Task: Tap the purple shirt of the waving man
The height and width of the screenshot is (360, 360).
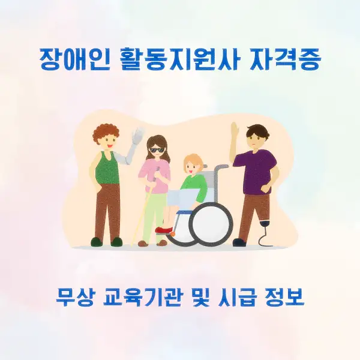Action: pos(255,169)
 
